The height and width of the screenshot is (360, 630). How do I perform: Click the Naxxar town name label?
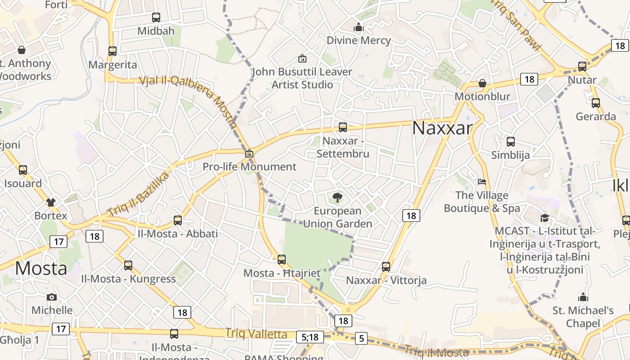(x=442, y=128)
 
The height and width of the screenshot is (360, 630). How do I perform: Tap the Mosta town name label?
(x=41, y=269)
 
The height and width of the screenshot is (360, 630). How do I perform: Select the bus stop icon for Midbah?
(x=156, y=18)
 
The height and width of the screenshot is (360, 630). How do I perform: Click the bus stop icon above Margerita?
(x=112, y=51)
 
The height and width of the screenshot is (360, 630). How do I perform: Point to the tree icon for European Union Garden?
(x=337, y=197)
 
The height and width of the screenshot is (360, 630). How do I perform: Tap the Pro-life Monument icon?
(x=249, y=154)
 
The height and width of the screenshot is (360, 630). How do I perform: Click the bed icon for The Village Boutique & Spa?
(x=482, y=182)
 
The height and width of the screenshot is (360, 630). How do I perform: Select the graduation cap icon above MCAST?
(x=545, y=218)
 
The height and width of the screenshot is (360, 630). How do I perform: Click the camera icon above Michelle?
(x=52, y=297)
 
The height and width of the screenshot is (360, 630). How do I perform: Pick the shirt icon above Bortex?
(x=50, y=202)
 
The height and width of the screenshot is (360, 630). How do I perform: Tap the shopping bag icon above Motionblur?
(x=482, y=83)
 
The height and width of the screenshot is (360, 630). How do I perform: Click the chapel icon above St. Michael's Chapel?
(x=583, y=297)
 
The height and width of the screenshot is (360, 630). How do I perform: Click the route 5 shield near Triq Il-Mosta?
(x=361, y=338)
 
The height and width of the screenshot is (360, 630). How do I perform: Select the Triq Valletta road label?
(x=256, y=334)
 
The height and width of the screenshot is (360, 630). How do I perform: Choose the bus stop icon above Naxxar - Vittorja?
(x=386, y=267)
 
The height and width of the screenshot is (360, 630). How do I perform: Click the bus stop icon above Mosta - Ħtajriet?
(x=282, y=260)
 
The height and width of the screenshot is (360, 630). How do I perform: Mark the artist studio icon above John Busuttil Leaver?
(x=302, y=58)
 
